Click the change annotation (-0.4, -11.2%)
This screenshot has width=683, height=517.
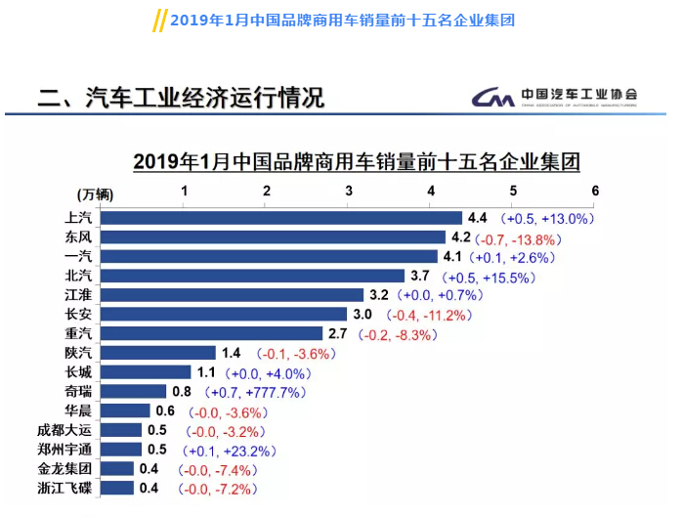(430, 315)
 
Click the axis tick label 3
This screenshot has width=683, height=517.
(349, 191)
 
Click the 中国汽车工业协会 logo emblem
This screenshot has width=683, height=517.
(494, 97)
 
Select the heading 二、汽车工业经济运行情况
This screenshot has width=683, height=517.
(180, 98)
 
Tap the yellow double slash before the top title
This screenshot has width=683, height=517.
(159, 21)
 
